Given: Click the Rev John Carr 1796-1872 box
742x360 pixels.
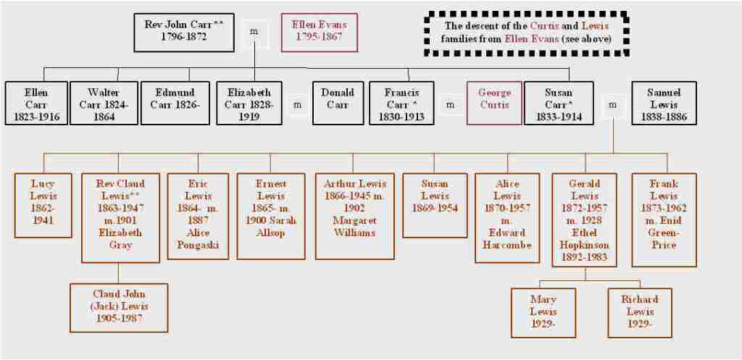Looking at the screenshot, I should [175, 30].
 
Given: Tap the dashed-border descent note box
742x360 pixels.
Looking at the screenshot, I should [527, 33].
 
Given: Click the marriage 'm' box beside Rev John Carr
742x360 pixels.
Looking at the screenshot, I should [254, 32].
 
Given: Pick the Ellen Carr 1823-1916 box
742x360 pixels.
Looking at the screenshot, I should [36, 103].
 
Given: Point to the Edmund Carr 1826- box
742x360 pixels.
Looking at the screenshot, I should [174, 103].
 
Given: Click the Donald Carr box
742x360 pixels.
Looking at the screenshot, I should [337, 103].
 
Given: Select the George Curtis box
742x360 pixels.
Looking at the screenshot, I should [494, 103].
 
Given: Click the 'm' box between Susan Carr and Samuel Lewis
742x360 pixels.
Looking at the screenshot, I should [613, 104].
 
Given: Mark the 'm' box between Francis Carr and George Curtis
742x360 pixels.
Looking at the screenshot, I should [450, 104].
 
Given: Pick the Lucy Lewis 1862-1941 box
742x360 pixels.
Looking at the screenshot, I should [43, 204].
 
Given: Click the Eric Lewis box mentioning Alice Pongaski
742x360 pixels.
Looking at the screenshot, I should [197, 215].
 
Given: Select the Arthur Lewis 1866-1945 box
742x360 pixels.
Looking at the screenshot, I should [355, 215].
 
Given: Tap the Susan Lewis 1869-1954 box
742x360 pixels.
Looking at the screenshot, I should [435, 204].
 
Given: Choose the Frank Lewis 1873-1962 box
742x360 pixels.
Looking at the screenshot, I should [664, 219].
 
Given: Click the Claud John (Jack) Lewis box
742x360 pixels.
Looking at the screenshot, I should [119, 308].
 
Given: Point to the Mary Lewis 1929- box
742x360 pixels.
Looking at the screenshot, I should [543, 312].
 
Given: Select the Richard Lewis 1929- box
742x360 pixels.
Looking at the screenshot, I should [639, 312].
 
